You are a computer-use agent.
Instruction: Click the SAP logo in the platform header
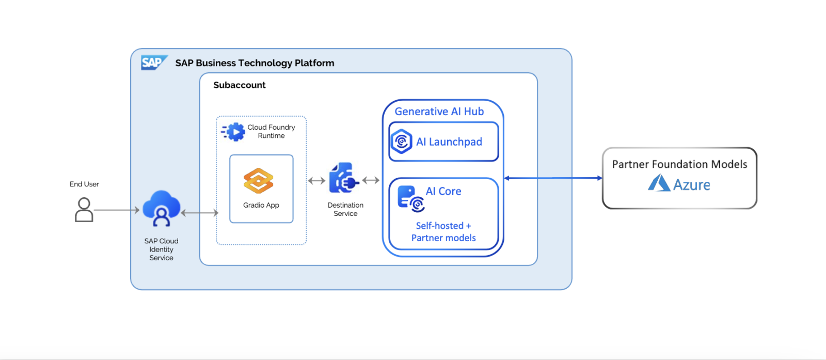[x=153, y=62]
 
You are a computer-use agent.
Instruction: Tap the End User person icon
[x=84, y=210]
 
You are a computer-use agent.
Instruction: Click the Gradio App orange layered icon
[x=258, y=181]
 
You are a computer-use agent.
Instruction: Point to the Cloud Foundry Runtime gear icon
[x=234, y=132]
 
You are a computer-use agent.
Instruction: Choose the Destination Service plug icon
[x=343, y=179]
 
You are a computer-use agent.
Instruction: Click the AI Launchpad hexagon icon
[x=401, y=142]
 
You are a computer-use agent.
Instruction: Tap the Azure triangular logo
[x=659, y=183]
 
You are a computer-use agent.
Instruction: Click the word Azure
[x=691, y=185]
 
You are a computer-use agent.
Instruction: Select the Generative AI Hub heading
[x=439, y=112]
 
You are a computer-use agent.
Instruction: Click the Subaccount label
[x=239, y=85]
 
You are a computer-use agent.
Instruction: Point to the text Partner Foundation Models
[x=679, y=164]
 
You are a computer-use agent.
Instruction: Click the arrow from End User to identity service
[x=117, y=210]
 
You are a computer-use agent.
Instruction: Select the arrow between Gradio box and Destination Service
[x=316, y=181]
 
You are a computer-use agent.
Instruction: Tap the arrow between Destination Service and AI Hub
[x=371, y=180]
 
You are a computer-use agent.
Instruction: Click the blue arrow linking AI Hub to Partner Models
[x=553, y=178]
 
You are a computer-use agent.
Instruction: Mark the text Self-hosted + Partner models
[x=443, y=232]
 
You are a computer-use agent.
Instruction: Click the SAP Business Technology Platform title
[x=255, y=63]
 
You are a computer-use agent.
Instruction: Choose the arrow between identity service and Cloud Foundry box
[x=199, y=213]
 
